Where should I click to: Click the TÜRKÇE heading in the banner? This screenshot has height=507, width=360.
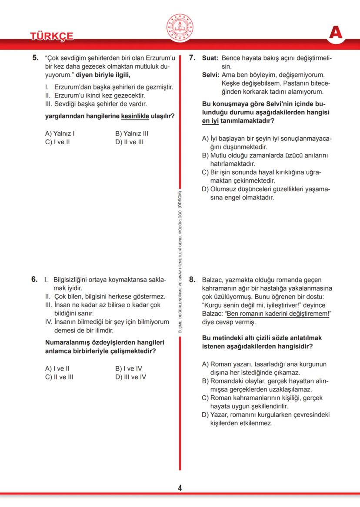point(52,36)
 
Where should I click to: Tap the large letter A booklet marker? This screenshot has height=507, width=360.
point(336,33)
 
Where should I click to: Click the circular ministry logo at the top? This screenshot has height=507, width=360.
point(180,27)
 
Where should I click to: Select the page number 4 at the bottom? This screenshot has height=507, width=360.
point(180,488)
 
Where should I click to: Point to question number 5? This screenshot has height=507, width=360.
point(36,58)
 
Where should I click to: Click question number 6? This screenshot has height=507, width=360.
point(35,279)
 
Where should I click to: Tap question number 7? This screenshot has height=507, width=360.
point(193,58)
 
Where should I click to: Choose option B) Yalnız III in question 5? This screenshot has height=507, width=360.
point(132,134)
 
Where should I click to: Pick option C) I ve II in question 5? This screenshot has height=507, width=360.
point(57,142)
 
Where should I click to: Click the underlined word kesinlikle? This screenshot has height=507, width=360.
point(135,116)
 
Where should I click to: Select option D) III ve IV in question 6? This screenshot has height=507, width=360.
point(130,377)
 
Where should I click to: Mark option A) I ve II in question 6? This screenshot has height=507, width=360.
point(57,368)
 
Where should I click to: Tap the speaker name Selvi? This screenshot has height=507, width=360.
point(211,75)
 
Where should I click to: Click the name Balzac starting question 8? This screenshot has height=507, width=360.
point(212,280)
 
